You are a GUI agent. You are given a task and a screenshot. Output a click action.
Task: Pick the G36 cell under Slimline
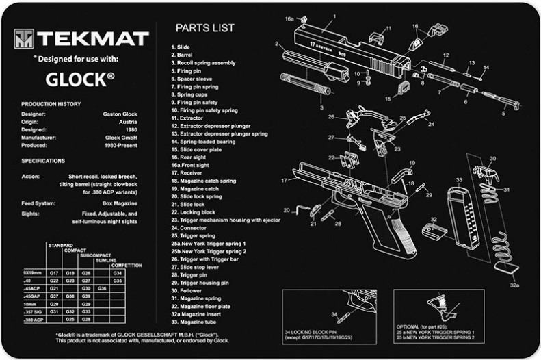click(103, 288)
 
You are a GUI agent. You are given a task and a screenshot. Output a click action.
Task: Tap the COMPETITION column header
click(127, 265)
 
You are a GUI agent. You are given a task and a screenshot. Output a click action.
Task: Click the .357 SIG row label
click(33, 311)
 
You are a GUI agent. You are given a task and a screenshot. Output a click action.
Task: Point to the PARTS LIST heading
click(204, 29)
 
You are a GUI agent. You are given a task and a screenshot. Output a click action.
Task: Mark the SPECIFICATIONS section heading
click(43, 161)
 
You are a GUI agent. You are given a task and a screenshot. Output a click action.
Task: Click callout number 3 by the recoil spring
click(321, 107)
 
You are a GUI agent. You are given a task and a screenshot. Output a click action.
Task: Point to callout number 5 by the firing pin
click(504, 114)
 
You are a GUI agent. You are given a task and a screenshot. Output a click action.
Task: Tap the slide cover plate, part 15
click(404, 88)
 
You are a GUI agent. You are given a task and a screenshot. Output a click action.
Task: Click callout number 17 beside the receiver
click(284, 180)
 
